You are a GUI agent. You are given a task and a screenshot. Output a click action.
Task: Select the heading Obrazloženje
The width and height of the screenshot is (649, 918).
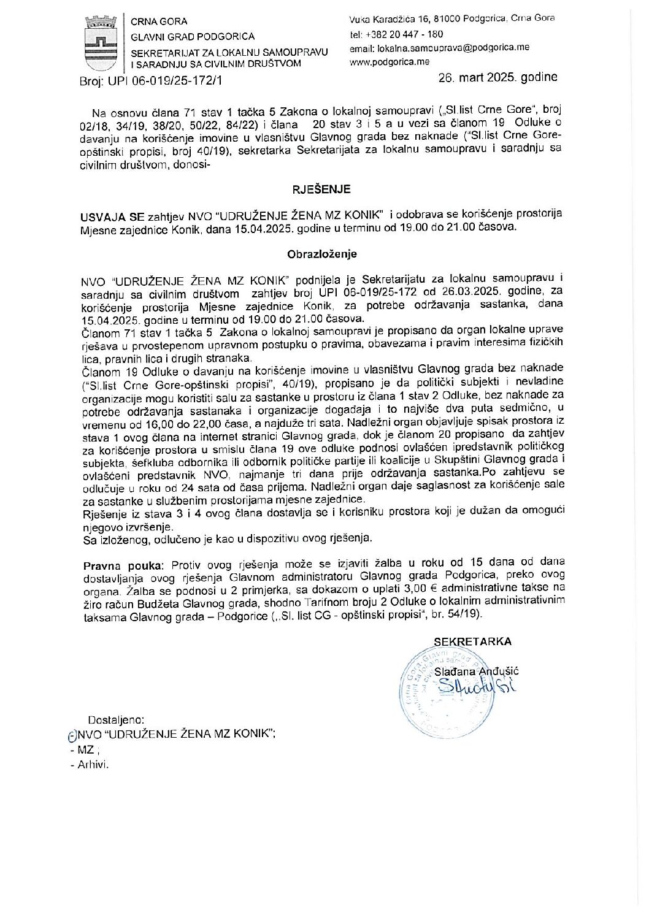(321, 254)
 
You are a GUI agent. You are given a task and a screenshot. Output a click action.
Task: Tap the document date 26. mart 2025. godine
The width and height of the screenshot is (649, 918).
(497, 77)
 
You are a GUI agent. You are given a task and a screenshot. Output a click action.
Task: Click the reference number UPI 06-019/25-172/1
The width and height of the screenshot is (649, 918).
(166, 80)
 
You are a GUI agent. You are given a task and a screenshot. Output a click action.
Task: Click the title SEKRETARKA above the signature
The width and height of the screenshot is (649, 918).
(472, 641)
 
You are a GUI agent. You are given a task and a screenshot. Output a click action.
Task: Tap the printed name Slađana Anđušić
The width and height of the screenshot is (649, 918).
(476, 671)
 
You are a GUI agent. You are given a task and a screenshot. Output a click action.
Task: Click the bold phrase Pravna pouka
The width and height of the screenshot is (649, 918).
(123, 565)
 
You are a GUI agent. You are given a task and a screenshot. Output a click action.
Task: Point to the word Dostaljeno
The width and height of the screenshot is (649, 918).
(117, 720)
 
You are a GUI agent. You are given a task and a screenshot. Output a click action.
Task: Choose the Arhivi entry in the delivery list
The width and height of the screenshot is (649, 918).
(93, 765)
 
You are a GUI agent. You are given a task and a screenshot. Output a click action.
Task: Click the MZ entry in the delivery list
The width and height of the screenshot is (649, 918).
(85, 749)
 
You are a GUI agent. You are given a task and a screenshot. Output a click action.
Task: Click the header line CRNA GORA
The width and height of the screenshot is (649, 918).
(159, 21)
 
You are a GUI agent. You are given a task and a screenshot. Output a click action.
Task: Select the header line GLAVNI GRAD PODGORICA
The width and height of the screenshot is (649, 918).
(193, 37)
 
